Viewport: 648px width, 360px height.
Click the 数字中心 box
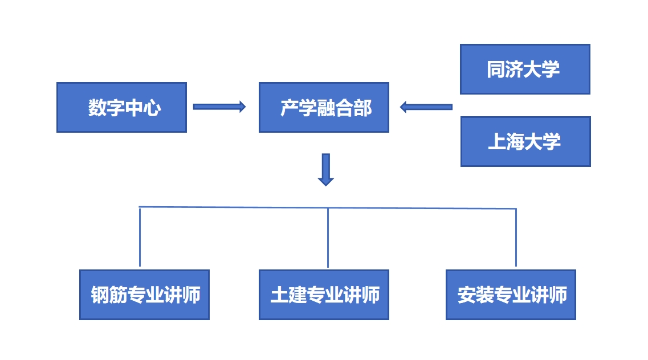(x=121, y=107)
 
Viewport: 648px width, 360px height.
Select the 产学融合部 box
(x=324, y=107)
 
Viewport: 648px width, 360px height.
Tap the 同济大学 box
(x=524, y=69)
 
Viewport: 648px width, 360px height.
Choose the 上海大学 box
(x=525, y=141)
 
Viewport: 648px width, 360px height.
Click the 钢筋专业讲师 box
(x=144, y=294)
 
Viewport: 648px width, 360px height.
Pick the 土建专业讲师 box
(x=324, y=294)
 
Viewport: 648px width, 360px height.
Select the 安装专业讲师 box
(x=511, y=294)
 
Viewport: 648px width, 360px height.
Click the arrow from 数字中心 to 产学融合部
(x=219, y=107)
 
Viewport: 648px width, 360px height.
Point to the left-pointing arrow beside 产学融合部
(x=426, y=107)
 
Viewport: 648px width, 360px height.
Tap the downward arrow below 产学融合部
(x=325, y=170)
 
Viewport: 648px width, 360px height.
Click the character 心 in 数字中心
(x=152, y=108)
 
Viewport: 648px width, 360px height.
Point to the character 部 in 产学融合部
(x=362, y=108)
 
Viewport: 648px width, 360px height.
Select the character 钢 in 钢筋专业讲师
(x=100, y=295)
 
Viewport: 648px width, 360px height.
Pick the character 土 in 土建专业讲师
(x=280, y=295)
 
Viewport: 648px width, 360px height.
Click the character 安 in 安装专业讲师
(x=467, y=295)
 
